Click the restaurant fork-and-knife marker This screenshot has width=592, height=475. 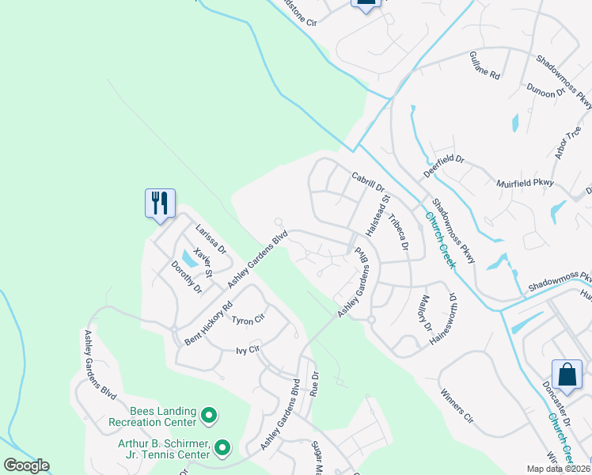click(160, 203)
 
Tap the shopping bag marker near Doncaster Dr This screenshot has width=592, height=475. click(567, 374)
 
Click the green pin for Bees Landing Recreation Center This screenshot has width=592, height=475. click(209, 415)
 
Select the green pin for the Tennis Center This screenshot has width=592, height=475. click(222, 449)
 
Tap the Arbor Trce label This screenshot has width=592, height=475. click(568, 142)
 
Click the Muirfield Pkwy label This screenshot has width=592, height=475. click(524, 184)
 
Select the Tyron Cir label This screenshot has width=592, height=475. click(247, 321)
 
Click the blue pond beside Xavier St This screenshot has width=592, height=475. click(188, 257)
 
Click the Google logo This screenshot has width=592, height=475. click(26, 465)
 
